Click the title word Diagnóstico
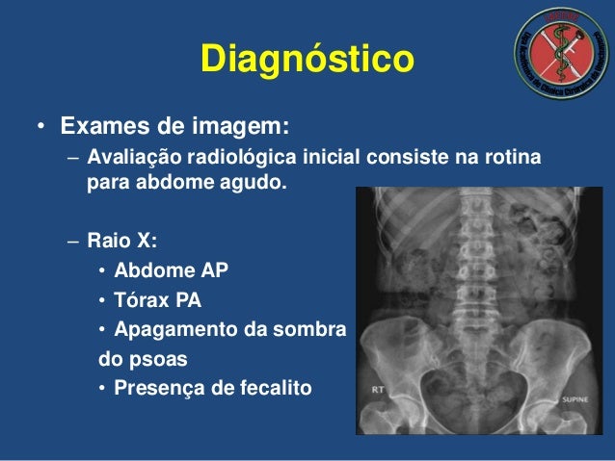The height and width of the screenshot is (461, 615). (x=307, y=61)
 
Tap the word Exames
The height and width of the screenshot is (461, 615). (x=101, y=127)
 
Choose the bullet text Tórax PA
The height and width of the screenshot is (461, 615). (x=157, y=300)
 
